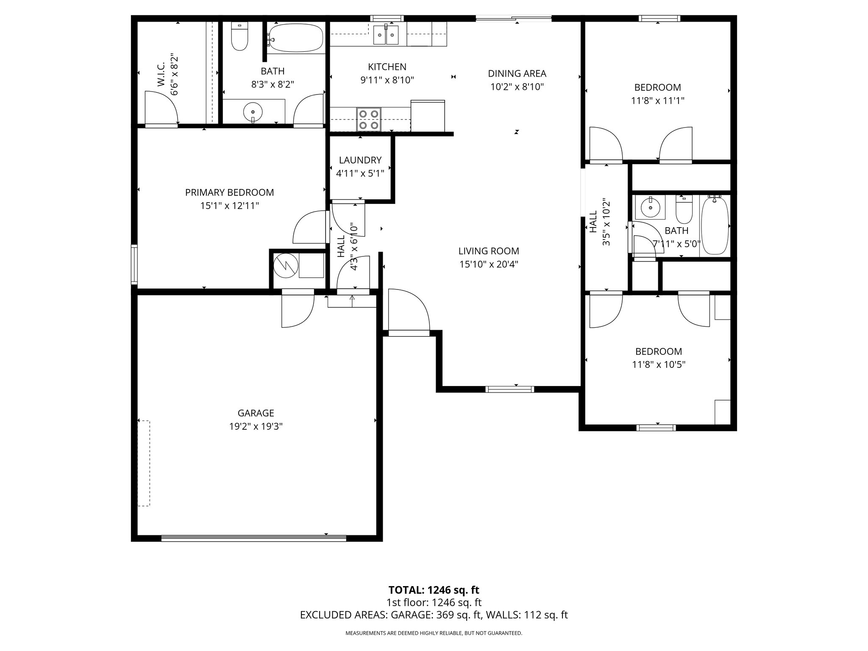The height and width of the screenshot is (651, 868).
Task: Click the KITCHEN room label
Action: [387, 67]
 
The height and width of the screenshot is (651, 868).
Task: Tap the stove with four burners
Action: [369, 119]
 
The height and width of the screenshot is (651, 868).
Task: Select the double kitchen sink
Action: [386, 34]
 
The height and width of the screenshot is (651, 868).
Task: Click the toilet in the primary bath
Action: [239, 37]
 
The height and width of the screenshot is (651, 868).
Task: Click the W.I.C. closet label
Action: [161, 76]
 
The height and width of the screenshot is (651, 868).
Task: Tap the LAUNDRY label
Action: [360, 160]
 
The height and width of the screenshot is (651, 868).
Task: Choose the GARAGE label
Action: [256, 413]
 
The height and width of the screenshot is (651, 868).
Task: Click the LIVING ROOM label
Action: [489, 251]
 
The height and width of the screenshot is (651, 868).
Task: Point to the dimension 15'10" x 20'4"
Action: [489, 264]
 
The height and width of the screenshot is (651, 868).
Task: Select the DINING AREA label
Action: [517, 73]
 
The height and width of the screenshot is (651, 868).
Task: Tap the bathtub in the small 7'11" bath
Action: [715, 225]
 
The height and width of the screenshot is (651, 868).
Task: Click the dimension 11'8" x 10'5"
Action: [659, 364]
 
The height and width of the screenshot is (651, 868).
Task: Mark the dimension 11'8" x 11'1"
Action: [658, 101]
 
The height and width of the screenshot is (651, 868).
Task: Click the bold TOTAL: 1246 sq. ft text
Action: [434, 590]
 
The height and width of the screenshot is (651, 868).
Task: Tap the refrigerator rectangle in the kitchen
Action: [428, 116]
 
